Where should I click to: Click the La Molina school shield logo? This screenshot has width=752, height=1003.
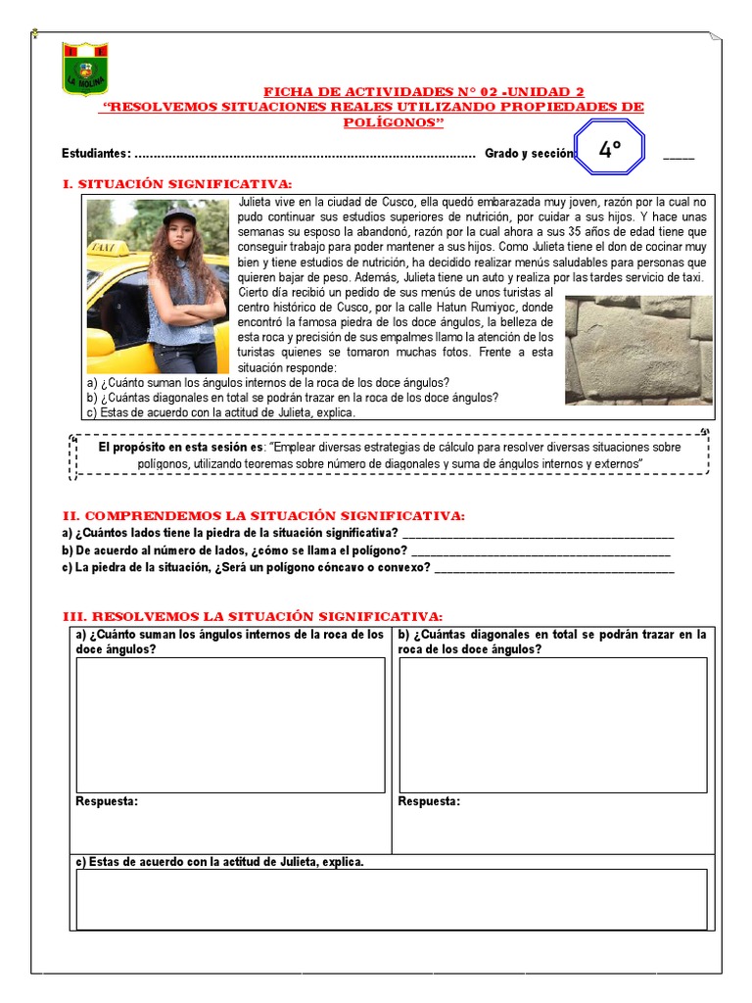86,69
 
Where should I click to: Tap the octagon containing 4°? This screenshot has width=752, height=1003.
610,150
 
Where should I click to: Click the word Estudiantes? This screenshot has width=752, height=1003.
95,154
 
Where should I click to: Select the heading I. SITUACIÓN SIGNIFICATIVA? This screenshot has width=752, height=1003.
176,183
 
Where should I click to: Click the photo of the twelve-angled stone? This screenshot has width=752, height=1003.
638,350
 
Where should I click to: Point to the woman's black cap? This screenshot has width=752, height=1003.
178,215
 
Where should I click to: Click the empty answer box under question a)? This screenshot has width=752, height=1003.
230,724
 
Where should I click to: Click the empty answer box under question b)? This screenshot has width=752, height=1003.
552,724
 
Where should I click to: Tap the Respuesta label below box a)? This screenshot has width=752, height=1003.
107,801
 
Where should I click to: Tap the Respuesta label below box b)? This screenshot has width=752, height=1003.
429,801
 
